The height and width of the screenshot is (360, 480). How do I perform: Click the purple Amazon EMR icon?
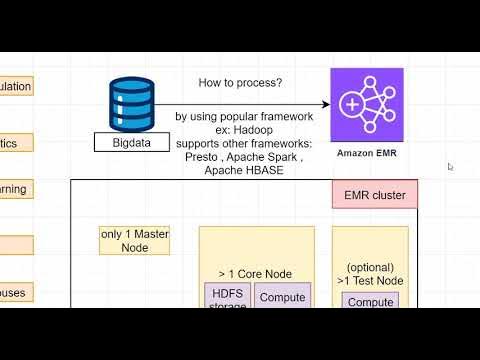(367, 105)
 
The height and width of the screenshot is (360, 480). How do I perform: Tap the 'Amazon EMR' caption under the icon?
(367, 153)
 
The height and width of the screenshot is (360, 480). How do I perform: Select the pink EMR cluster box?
(374, 195)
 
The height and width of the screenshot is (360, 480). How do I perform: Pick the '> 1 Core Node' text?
(256, 273)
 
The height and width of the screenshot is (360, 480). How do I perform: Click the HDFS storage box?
(227, 296)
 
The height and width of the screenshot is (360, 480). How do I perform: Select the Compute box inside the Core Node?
(283, 297)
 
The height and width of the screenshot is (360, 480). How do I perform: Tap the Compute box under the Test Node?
(370, 301)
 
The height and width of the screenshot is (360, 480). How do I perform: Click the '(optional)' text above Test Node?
(370, 267)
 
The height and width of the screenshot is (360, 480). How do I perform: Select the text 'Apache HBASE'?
(243, 171)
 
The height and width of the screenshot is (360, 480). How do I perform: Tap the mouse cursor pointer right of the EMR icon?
(450, 167)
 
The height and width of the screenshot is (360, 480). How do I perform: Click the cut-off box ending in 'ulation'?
(16, 87)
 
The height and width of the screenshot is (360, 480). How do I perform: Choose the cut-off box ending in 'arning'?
(16, 189)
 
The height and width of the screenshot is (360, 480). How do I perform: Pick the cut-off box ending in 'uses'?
(16, 293)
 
